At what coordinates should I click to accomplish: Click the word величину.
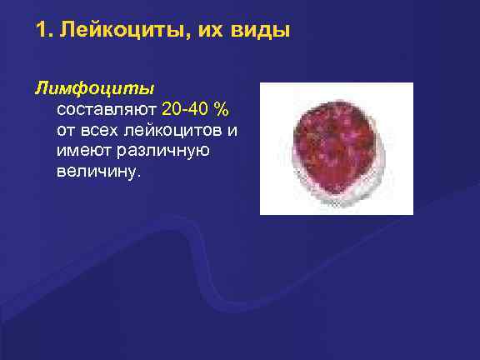coord(100,172)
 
